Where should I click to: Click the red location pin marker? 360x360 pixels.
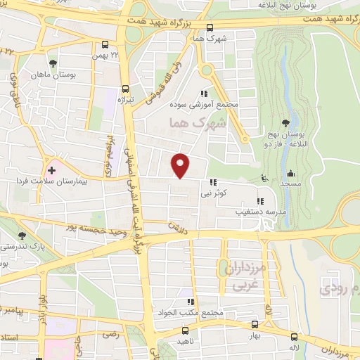(x=181, y=165)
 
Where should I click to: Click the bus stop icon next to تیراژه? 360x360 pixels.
(x=126, y=89)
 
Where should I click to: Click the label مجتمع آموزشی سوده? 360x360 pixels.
(x=205, y=105)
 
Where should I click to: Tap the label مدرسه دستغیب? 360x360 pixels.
(x=239, y=210)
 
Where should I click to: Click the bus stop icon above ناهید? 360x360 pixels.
(x=185, y=330)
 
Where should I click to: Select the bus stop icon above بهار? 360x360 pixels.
(x=255, y=325)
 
